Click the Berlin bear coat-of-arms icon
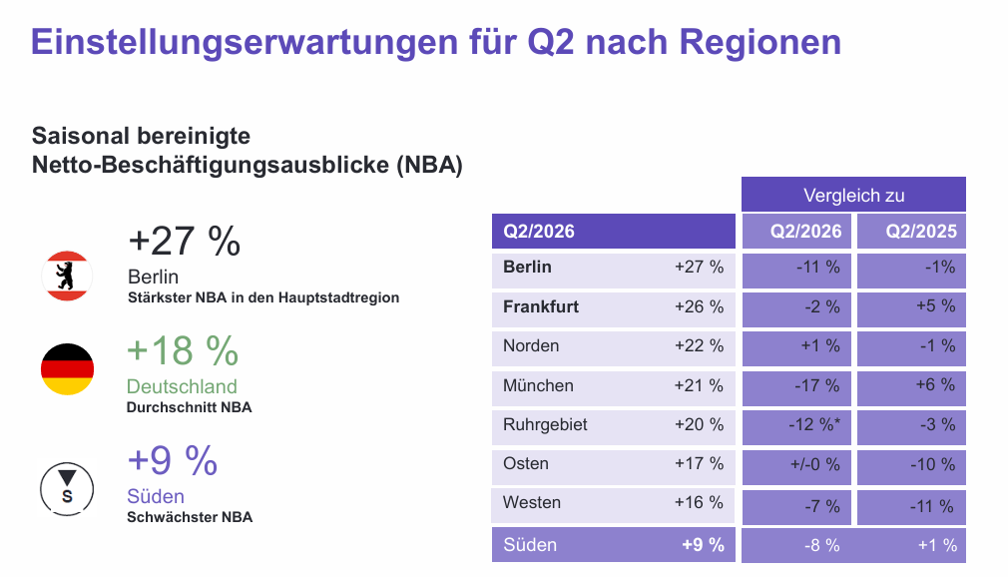67,276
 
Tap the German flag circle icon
67,369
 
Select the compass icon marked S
67,487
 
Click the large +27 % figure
185,242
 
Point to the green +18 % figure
183,351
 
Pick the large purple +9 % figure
172,461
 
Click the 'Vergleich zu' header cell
853,195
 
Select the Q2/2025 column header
920,233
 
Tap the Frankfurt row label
541,306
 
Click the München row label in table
538,385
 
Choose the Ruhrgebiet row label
545,424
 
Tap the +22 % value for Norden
699,345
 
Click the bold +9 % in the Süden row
703,545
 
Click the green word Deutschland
182,386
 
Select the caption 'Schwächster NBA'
190,517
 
